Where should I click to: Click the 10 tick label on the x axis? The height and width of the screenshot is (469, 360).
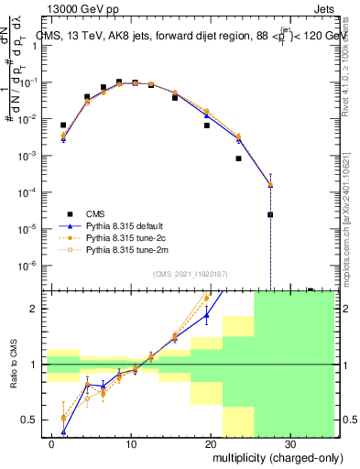(x=132, y=443)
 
